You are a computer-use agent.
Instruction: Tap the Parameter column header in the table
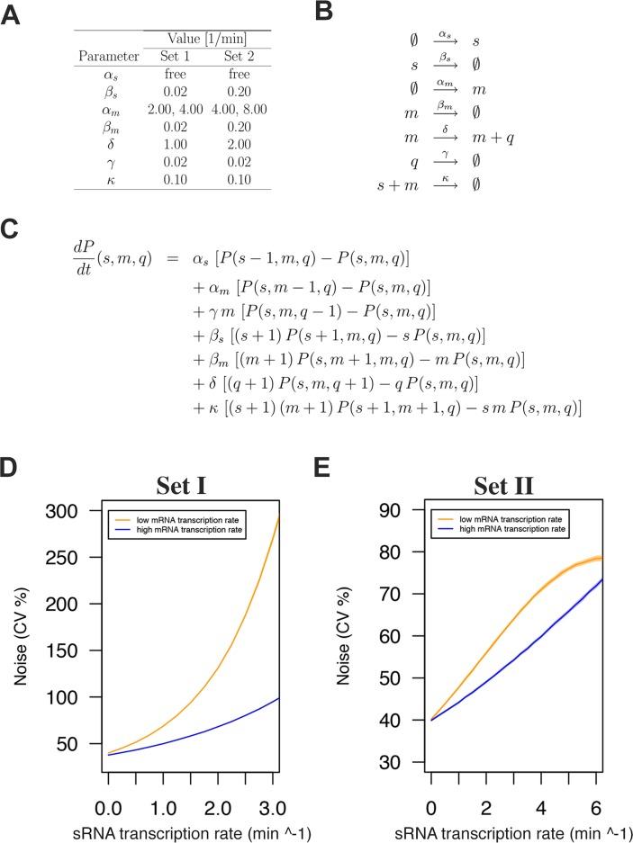coord(109,56)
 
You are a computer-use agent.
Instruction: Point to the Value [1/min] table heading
coord(206,38)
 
